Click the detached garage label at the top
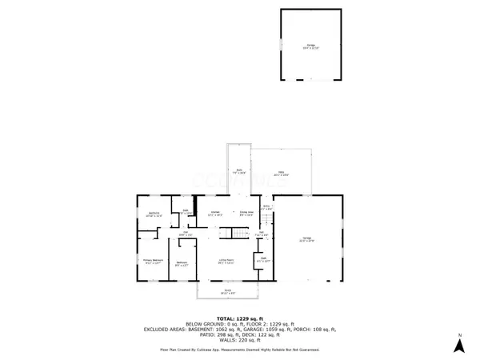[x=310, y=46]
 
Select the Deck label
[x=238, y=171]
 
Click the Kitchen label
[x=215, y=213]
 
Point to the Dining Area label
[x=246, y=213]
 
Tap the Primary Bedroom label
[x=153, y=261]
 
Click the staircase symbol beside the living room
[x=240, y=234]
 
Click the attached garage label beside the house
[x=306, y=238]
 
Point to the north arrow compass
[x=459, y=343]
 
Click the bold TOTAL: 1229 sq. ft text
[x=239, y=318]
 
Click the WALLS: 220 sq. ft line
[x=240, y=340]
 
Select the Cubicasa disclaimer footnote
[x=239, y=350]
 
